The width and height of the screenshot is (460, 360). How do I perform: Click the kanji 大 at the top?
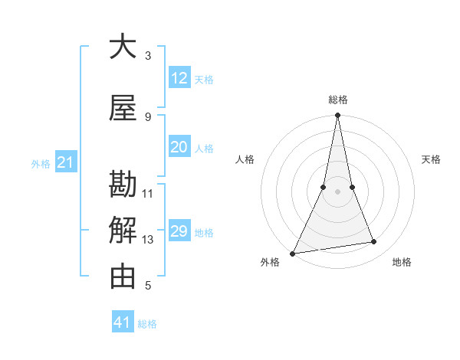[123, 47]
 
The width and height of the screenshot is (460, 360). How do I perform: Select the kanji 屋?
[123, 109]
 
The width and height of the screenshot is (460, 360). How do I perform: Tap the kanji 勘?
[123, 185]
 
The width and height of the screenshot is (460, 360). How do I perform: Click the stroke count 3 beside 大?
[148, 55]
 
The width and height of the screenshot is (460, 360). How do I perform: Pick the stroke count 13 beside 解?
[148, 240]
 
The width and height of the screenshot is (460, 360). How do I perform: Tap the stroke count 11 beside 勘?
[148, 193]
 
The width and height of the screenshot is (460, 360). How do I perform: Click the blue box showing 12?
[179, 78]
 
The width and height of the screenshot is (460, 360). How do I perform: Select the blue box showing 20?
[179, 147]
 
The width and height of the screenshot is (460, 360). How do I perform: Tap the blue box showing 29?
[179, 231]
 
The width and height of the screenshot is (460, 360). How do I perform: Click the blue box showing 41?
[123, 322]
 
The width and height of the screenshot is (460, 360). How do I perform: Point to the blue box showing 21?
[65, 162]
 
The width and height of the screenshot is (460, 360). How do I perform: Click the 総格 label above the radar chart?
[337, 100]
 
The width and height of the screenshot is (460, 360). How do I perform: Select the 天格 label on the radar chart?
[431, 159]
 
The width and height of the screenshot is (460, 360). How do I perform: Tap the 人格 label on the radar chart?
[245, 159]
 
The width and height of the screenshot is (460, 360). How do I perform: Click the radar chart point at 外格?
[292, 253]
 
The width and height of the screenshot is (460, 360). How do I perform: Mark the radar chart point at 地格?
[374, 242]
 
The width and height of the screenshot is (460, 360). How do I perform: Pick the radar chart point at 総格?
[337, 116]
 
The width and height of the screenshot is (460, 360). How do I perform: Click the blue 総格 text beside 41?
[147, 324]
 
